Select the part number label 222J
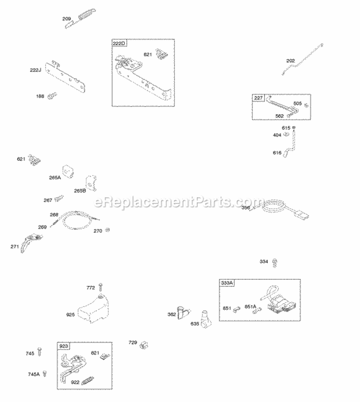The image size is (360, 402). coord(36,70)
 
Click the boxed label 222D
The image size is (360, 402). coord(119,44)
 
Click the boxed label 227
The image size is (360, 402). coord(259,98)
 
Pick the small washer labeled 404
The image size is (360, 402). coord(287,135)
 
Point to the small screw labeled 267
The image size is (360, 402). coord(59,198)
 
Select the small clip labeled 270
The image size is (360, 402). coord(108,230)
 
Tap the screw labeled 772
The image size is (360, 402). coord(101,287)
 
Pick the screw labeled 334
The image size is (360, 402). coord(275,262)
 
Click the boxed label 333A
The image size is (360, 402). coord(227,283)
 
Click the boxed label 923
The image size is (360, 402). coord(63,346)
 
